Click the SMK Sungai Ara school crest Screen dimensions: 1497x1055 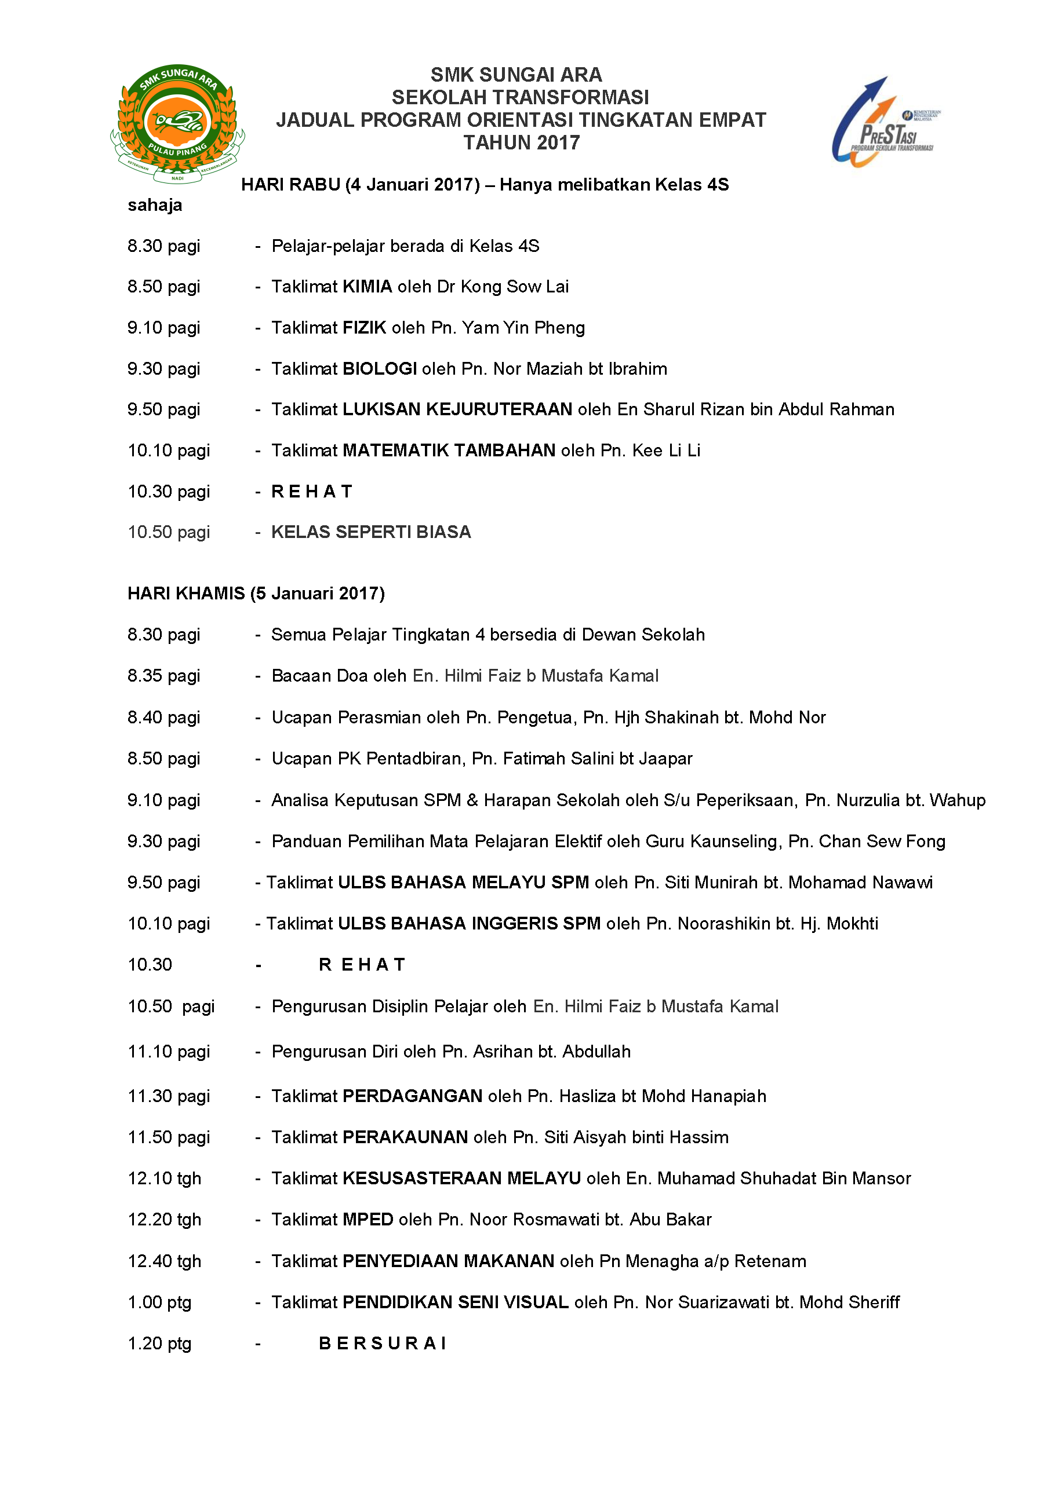tap(177, 123)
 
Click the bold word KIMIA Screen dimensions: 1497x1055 tap(368, 287)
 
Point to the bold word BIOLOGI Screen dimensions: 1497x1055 tap(380, 369)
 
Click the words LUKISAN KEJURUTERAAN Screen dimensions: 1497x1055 tap(457, 409)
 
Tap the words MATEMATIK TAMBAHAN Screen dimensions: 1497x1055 tap(449, 451)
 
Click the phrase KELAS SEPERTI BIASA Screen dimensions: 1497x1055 tap(370, 532)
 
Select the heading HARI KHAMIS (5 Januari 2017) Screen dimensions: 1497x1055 tap(256, 594)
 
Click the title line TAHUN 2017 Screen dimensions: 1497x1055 tap(521, 143)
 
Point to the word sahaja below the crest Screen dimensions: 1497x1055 tap(155, 206)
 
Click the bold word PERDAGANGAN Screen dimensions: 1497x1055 tap(412, 1096)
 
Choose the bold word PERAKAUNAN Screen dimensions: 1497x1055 tap(405, 1137)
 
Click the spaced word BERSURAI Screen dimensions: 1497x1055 tap(383, 1343)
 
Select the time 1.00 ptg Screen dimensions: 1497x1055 tap(159, 1302)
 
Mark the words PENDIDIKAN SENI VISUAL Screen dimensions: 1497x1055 tap(456, 1302)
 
